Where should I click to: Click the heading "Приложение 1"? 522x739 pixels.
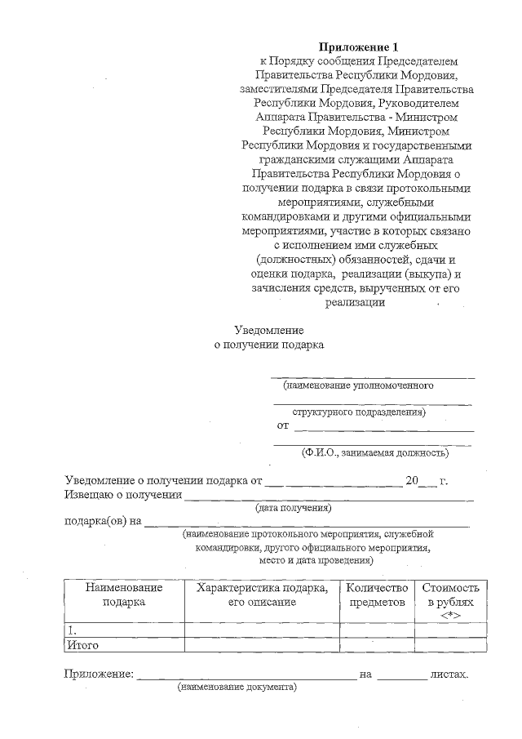(x=360, y=47)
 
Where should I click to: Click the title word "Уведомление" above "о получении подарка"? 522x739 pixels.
(x=269, y=331)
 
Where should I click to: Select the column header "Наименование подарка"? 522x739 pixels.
(x=124, y=594)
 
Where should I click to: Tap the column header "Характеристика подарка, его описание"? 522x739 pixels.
(x=262, y=594)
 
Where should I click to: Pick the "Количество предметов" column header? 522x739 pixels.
(x=377, y=594)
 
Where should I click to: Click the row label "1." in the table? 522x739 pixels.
(x=73, y=630)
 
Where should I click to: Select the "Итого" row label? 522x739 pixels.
(x=82, y=645)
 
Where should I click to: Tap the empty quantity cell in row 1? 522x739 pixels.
(x=377, y=630)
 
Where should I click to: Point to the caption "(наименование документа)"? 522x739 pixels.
(x=237, y=688)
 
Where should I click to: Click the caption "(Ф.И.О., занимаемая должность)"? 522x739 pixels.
(x=374, y=452)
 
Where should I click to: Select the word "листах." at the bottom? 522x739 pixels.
(x=449, y=674)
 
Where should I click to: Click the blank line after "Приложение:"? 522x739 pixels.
(x=244, y=676)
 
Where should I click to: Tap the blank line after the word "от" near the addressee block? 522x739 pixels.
(x=383, y=427)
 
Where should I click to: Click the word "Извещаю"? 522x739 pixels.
(x=90, y=495)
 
